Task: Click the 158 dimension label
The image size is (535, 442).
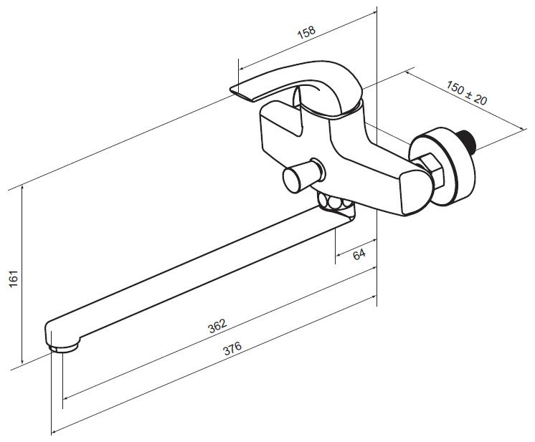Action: (x=306, y=32)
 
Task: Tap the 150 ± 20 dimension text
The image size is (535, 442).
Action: (x=467, y=92)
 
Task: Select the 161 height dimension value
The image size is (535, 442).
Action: (x=14, y=279)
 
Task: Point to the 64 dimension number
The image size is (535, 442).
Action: (x=359, y=254)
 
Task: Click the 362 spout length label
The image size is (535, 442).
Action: (x=217, y=326)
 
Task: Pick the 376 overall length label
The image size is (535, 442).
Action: (x=232, y=348)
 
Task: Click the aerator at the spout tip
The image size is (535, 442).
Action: (x=63, y=348)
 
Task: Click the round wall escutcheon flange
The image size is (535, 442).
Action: (x=443, y=166)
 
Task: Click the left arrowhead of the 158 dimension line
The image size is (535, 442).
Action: (x=242, y=68)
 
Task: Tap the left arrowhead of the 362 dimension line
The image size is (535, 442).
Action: (x=67, y=397)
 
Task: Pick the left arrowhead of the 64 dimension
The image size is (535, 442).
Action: (x=338, y=254)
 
